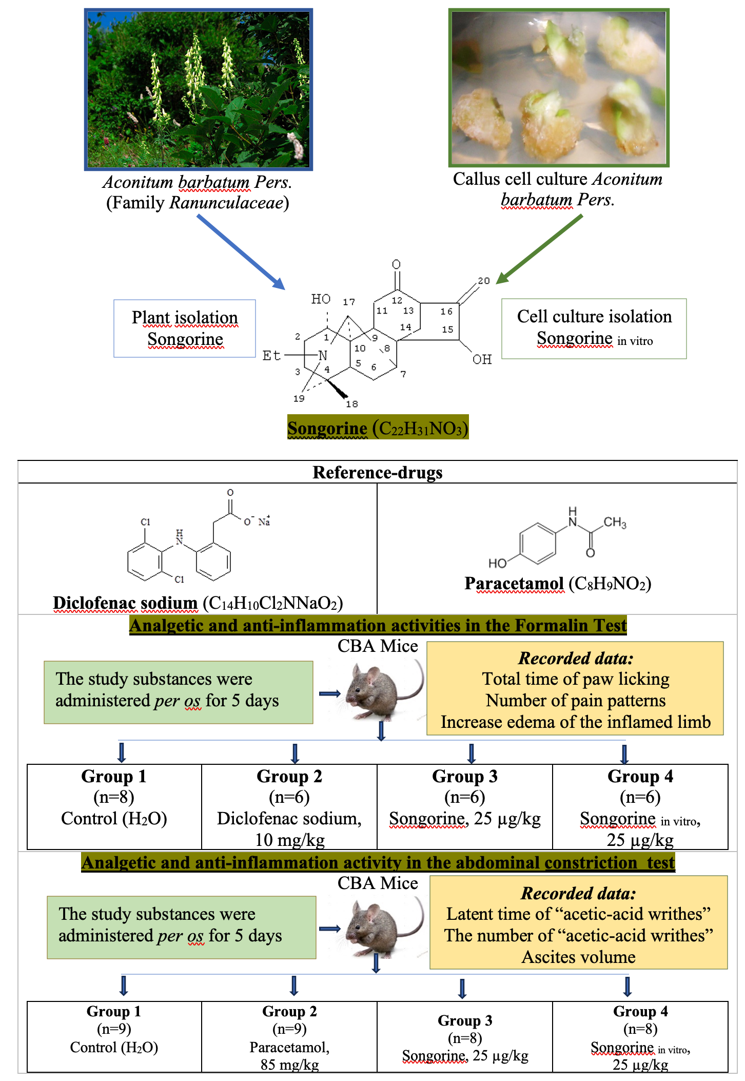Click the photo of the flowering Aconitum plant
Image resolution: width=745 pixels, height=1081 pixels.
tap(199, 89)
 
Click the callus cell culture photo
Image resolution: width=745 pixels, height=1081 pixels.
tap(559, 88)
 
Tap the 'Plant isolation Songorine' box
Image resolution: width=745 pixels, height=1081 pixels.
tap(185, 329)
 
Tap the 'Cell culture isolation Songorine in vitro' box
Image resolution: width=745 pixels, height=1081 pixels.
tap(594, 329)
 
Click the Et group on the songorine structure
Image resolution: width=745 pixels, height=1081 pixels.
tap(271, 355)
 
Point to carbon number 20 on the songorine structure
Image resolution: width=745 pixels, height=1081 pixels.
tap(483, 281)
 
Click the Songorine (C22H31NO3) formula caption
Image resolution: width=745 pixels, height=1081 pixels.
tap(378, 428)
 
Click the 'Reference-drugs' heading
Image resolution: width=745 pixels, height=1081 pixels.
tap(378, 472)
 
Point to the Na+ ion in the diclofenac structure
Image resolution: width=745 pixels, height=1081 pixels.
tap(264, 522)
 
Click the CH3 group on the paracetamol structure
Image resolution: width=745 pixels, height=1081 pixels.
tap(614, 523)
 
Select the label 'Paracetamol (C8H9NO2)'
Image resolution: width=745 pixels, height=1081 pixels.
tap(557, 584)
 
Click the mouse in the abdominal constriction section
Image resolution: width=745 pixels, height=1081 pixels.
tap(382, 926)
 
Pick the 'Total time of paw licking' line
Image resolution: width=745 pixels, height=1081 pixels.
tap(575, 679)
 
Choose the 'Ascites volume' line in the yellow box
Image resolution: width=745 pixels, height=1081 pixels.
tap(578, 957)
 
